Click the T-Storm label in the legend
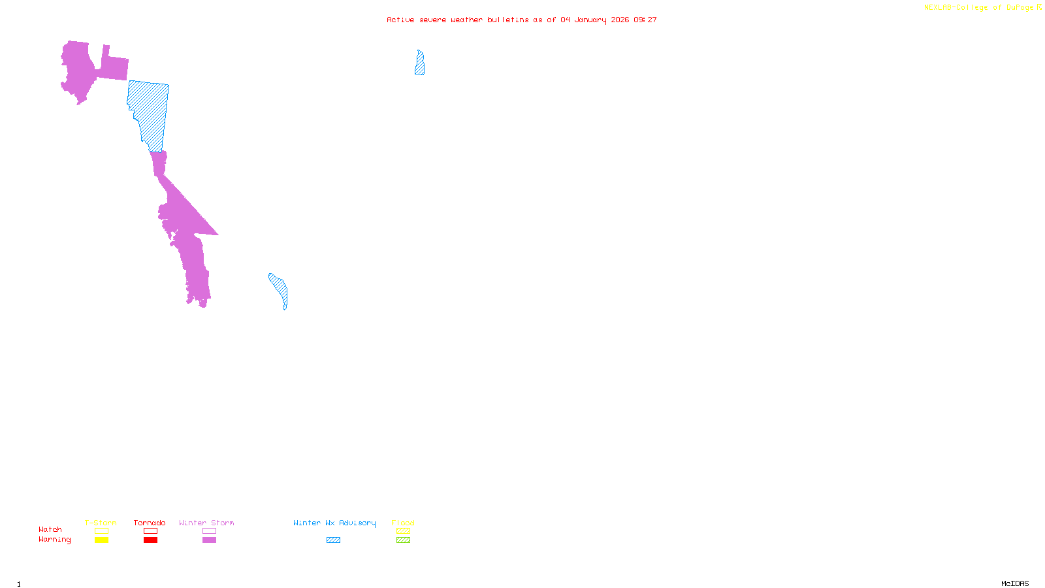tap(101, 523)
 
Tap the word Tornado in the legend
tap(150, 523)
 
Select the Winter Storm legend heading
tap(206, 523)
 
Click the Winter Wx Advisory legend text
tap(334, 523)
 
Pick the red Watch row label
tap(50, 529)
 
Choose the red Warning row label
tap(54, 540)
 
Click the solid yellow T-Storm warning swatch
tap(101, 540)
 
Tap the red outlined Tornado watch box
tap(150, 531)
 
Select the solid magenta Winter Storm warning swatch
tap(209, 540)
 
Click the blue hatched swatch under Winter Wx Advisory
tap(333, 540)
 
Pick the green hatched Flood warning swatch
tap(403, 540)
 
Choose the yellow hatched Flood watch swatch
tap(403, 531)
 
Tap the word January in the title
tap(590, 20)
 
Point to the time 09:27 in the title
tap(645, 20)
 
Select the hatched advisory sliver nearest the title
tap(419, 63)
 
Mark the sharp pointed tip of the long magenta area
tap(217, 234)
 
